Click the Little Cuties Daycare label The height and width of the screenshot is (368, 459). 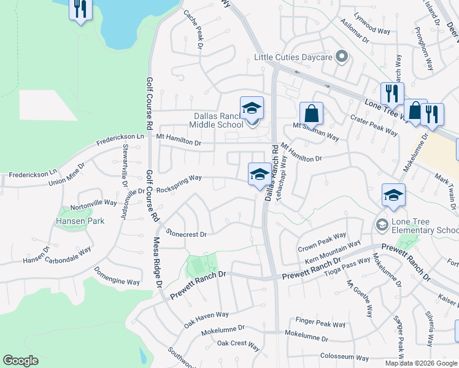point(293,57)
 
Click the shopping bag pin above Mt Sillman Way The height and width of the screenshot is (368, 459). point(311,113)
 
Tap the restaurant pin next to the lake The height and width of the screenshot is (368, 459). point(80,9)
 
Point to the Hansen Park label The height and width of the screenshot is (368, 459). point(80,221)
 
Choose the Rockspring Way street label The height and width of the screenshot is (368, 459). point(179,178)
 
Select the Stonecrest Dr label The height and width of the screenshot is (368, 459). point(187,234)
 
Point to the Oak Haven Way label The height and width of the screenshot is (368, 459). point(206,315)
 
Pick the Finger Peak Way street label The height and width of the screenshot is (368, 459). point(321,322)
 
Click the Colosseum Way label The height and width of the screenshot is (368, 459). point(344,358)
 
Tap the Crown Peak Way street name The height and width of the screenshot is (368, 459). point(322,242)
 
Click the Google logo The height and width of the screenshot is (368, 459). point(20,361)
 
